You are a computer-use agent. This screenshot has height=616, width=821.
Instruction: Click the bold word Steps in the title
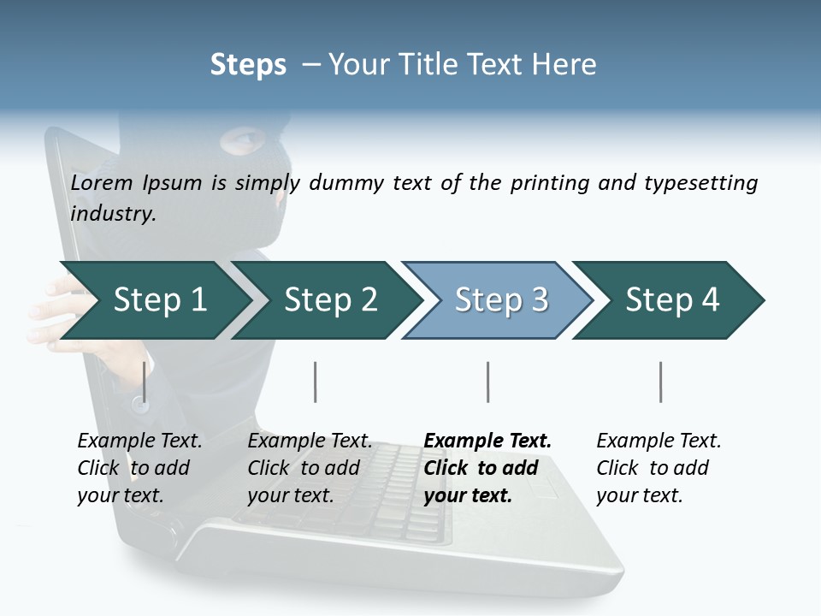248,64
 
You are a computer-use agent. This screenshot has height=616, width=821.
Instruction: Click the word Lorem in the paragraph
101,183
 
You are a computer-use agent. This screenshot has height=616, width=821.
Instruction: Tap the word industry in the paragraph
112,214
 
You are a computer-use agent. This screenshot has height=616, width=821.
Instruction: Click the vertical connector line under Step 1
145,382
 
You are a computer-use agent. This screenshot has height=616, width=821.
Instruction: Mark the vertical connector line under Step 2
316,382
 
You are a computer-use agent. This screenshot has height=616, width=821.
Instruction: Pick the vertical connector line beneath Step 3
487,382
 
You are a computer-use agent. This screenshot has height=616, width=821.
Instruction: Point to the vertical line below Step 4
660,382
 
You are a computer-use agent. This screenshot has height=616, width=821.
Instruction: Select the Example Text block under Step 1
139,468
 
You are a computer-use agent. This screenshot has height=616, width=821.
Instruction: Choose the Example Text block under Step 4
659,468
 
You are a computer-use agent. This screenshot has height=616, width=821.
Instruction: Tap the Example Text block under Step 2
310,468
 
